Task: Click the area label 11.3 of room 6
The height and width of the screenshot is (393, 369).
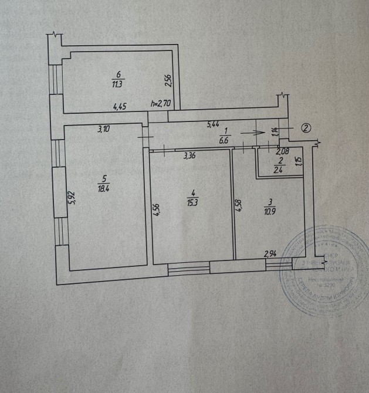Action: coord(117,83)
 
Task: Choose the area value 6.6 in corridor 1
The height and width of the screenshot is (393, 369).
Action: coord(224,141)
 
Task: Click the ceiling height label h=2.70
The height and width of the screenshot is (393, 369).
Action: coord(160,104)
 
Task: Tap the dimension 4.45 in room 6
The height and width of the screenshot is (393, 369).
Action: coord(120,107)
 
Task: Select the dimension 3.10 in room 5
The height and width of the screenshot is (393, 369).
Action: coord(103,130)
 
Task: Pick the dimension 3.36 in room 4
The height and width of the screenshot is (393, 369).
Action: coord(189,156)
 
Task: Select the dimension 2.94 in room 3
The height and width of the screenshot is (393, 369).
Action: coord(270,253)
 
